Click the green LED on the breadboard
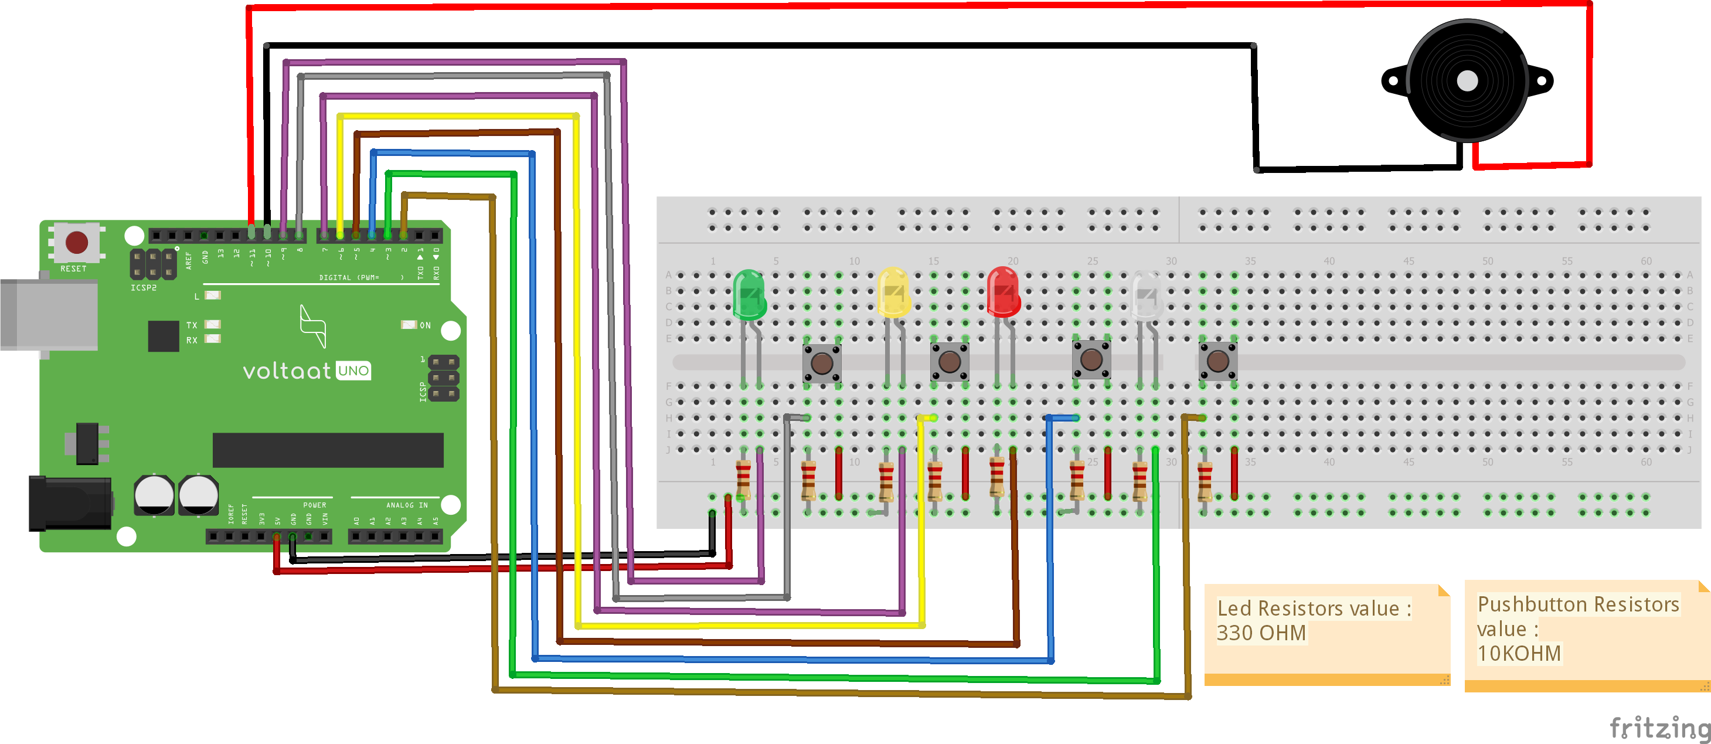749,294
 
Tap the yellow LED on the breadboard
893,293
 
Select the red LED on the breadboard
1003,293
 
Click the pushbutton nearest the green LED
822,363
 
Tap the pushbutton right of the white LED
1217,361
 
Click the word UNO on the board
353,371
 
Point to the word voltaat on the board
286,371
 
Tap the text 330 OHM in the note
1261,633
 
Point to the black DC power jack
69,503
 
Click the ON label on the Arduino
425,325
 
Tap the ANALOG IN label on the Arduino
406,505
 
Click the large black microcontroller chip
328,450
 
